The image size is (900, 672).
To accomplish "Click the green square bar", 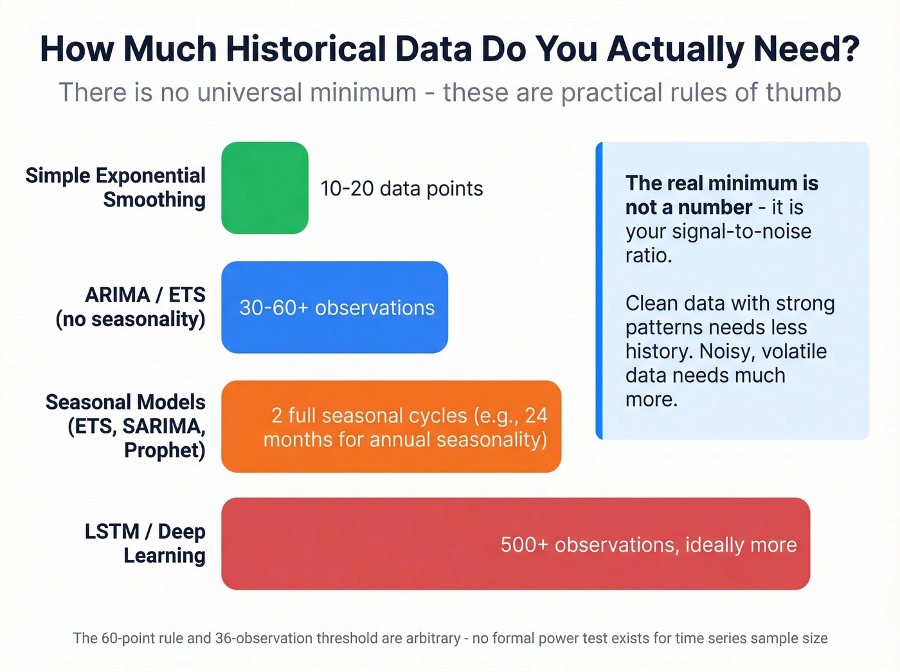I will (x=265, y=188).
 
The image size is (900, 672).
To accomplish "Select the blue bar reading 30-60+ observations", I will (x=334, y=307).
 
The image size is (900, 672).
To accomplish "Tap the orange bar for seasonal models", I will (x=391, y=426).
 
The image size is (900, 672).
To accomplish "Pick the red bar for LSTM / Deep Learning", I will (x=516, y=543).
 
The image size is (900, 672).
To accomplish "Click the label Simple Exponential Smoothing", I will (x=116, y=187).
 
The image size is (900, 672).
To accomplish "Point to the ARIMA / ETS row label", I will (x=130, y=307).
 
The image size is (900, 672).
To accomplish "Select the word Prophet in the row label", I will (x=165, y=450).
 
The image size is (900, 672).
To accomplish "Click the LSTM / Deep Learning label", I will (x=145, y=543).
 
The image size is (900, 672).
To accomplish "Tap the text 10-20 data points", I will (x=401, y=188).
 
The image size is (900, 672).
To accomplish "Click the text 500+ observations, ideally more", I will (x=648, y=545).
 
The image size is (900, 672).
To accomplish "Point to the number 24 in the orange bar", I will (x=535, y=415).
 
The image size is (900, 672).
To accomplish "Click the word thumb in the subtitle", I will (x=803, y=93).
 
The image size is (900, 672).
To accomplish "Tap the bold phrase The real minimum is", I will (x=721, y=183).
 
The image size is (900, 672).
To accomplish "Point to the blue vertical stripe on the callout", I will (x=599, y=291).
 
